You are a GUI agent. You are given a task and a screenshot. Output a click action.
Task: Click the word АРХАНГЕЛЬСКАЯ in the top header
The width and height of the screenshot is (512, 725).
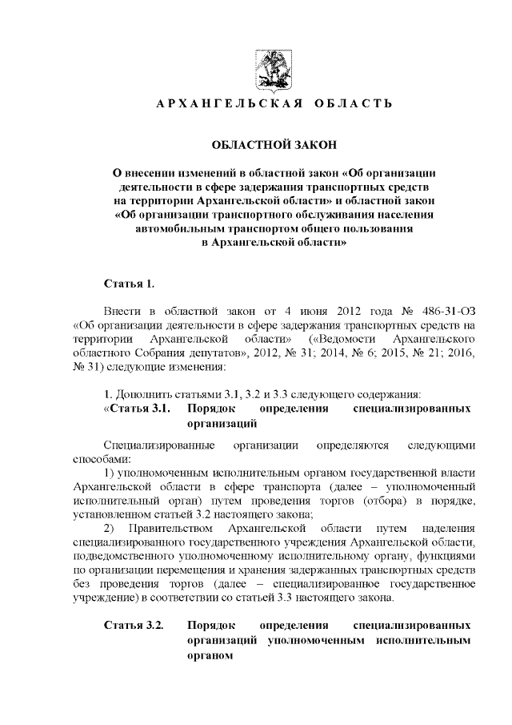pos(222,105)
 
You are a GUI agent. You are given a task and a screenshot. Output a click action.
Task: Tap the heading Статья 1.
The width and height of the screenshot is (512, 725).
pos(129,284)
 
